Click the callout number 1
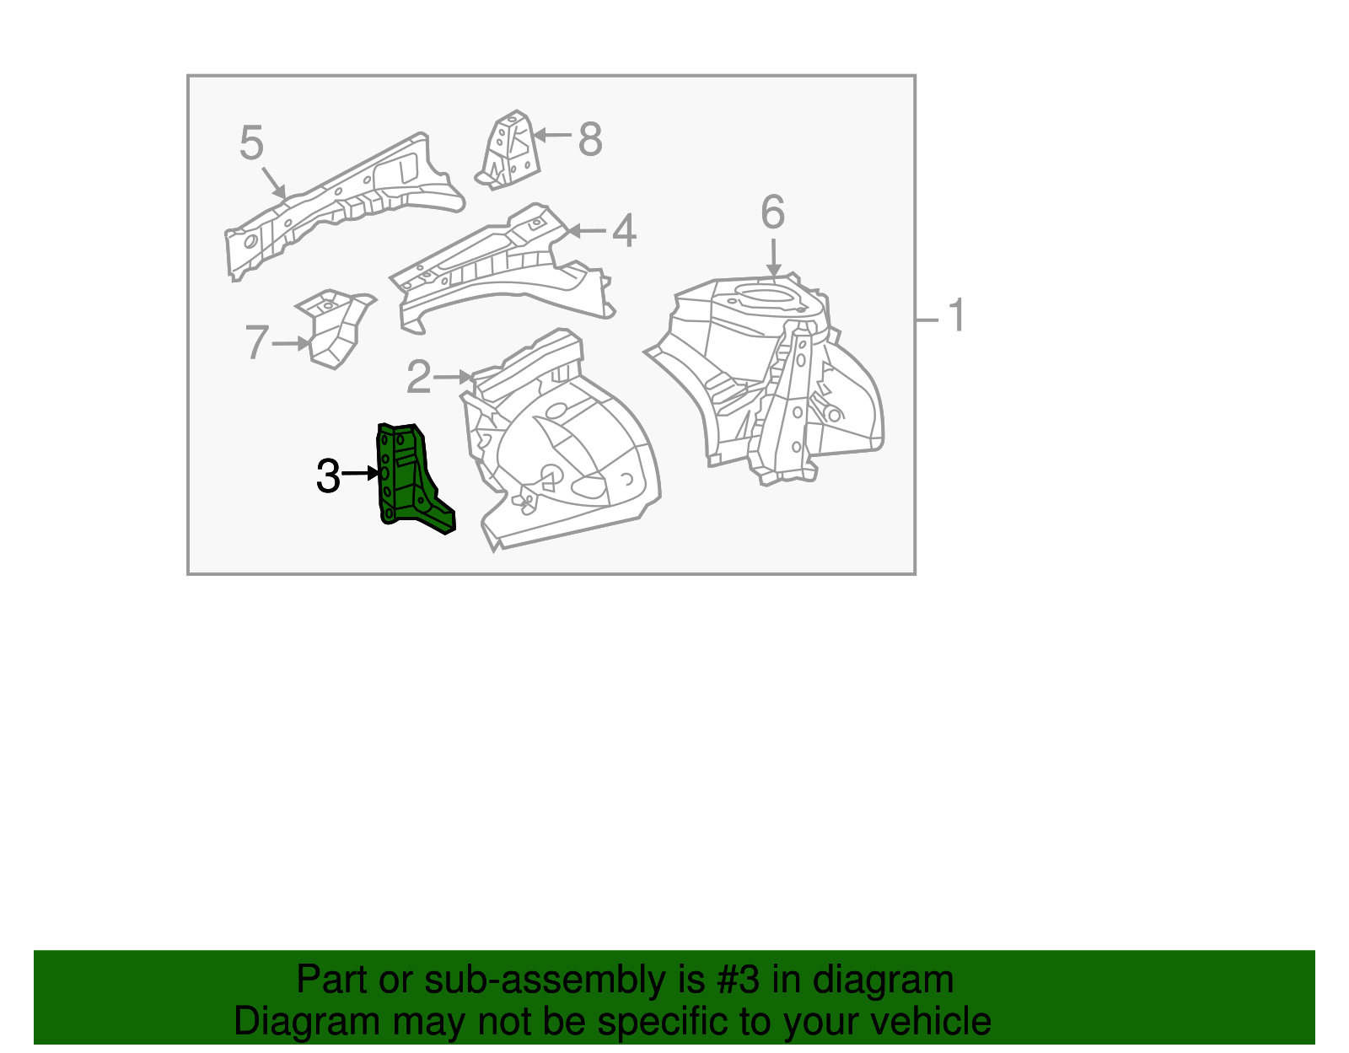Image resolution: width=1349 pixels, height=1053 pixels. click(955, 316)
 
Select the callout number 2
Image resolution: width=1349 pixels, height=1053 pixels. click(418, 377)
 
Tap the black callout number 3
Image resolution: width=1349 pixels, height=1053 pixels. click(328, 476)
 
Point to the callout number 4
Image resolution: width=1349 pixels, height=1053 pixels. click(624, 231)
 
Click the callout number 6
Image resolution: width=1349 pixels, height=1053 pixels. click(772, 212)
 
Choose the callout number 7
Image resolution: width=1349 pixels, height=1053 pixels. click(257, 343)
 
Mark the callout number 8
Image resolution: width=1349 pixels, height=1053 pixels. click(590, 139)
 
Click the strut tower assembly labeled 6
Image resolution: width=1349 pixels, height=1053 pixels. click(776, 379)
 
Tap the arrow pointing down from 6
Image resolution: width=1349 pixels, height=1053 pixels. click(773, 256)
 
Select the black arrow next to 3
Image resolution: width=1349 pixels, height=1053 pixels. click(361, 474)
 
